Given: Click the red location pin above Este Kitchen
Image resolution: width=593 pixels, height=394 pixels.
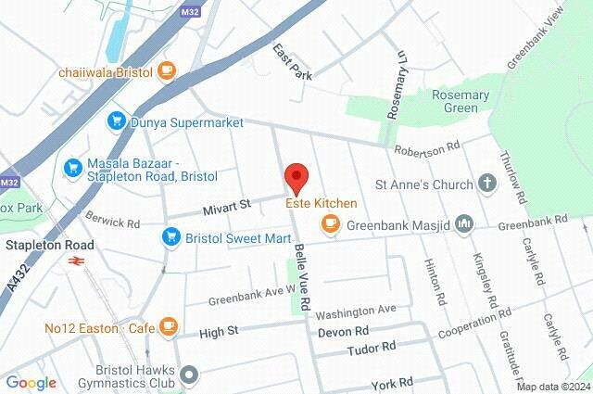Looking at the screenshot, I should (x=295, y=176).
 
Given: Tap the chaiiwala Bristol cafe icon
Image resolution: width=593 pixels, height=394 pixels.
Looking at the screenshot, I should (x=166, y=70).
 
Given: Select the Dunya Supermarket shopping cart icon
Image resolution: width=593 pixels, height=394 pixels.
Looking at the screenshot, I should (x=116, y=121).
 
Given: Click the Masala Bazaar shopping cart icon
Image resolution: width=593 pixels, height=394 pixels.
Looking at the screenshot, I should (x=72, y=168).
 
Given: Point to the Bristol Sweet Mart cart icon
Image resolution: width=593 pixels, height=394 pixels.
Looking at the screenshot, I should (x=170, y=237).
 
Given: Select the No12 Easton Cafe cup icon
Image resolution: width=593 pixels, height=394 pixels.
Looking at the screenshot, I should (x=167, y=325).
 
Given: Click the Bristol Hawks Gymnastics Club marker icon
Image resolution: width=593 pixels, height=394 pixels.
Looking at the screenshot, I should (x=190, y=375).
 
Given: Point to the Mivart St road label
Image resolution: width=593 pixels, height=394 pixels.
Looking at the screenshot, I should (x=227, y=206).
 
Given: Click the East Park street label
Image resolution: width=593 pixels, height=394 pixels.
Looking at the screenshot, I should (x=293, y=61).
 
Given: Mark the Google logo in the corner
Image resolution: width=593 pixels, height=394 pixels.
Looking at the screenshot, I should (x=31, y=382).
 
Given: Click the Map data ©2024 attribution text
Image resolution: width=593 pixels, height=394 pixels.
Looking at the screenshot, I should (x=552, y=387).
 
